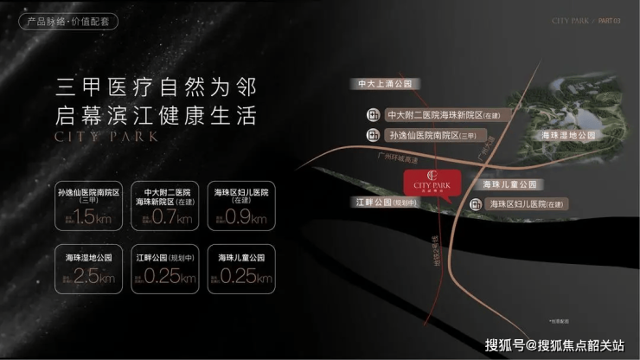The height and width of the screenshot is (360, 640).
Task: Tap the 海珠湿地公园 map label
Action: point(568,136)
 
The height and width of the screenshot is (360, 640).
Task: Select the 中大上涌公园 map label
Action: point(388,84)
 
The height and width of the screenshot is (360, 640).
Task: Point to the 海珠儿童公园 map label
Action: point(509,184)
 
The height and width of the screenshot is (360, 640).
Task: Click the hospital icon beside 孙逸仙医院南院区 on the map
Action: point(373,134)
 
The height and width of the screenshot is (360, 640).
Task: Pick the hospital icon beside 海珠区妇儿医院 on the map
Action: point(476,204)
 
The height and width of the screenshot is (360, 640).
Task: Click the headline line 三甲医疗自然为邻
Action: point(157,87)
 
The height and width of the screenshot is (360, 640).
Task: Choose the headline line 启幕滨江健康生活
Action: point(157,115)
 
